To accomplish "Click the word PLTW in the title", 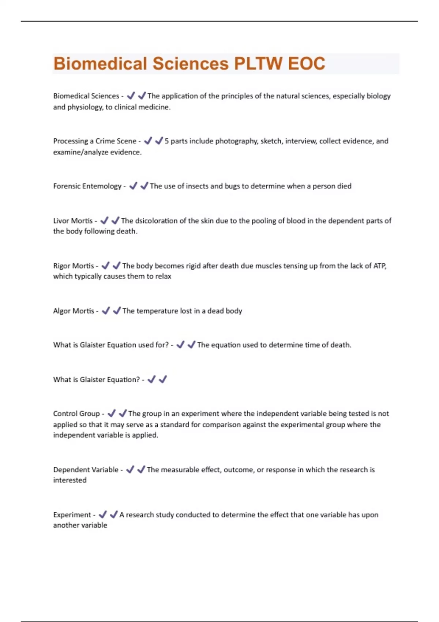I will (x=258, y=64).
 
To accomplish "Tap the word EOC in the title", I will (x=307, y=64).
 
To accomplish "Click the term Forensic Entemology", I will (x=87, y=186).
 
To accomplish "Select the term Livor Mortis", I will (x=73, y=221).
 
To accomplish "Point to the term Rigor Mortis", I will (x=74, y=266).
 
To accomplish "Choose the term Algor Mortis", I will (x=74, y=311).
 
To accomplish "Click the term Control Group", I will (x=76, y=414).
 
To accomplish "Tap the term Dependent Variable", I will (x=86, y=470).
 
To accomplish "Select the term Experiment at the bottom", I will (x=72, y=515).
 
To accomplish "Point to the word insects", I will (x=197, y=186).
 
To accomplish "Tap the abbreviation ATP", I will (x=379, y=266).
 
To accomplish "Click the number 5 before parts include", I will (x=166, y=141).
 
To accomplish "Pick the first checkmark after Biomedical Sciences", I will (x=131, y=96).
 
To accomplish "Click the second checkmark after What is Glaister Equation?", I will (x=163, y=379).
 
